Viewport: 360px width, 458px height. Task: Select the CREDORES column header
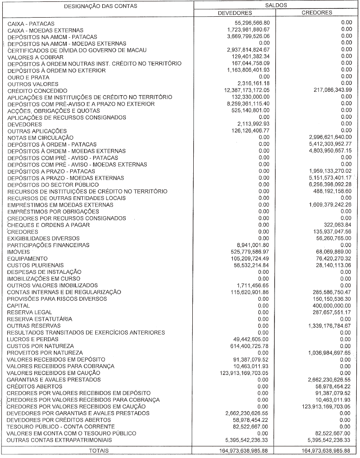[x=317, y=13]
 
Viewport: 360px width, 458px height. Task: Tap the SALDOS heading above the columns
[x=276, y=4]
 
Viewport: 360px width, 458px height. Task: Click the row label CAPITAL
[x=19, y=306]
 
